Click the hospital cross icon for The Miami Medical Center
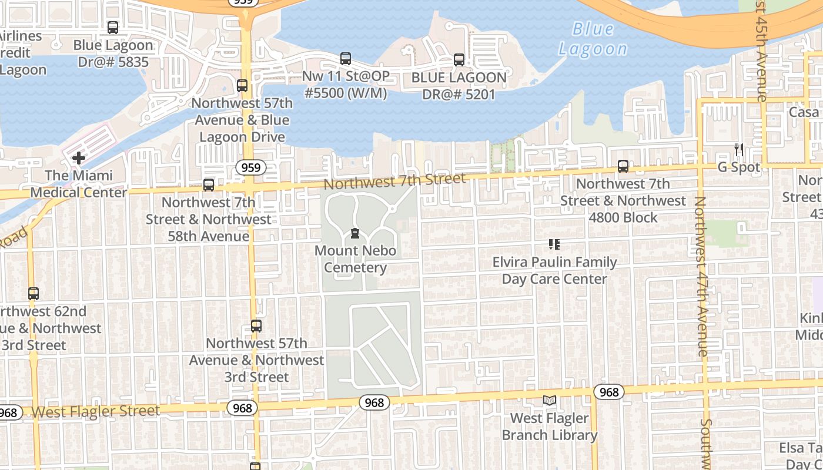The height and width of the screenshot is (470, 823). (79, 158)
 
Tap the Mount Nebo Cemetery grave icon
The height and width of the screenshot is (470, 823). (354, 233)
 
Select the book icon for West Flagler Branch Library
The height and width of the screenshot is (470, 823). (550, 401)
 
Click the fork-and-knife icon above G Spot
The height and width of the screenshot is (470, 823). (739, 150)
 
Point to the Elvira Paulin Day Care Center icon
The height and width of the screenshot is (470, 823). (554, 244)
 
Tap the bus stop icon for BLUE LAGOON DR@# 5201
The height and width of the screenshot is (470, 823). (459, 60)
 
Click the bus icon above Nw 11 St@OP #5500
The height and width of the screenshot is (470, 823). (346, 59)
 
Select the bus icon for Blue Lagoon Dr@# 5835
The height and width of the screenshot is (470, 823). (113, 28)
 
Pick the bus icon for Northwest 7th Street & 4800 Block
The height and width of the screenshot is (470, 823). (623, 167)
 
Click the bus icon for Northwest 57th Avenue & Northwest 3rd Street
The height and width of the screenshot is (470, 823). (256, 326)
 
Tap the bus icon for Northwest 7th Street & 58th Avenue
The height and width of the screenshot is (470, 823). (209, 185)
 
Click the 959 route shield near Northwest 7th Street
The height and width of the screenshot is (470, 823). (251, 168)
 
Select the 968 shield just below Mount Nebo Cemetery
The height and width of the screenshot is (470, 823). (374, 402)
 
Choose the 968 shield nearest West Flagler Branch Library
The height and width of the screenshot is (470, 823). (609, 392)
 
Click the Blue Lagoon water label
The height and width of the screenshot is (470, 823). (593, 39)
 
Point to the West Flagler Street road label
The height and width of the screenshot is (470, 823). (95, 411)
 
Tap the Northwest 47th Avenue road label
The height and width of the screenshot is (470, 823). (701, 276)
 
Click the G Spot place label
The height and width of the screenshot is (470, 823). (739, 167)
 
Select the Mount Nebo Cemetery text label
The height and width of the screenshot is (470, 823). (355, 259)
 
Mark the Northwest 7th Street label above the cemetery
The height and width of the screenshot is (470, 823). (394, 181)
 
